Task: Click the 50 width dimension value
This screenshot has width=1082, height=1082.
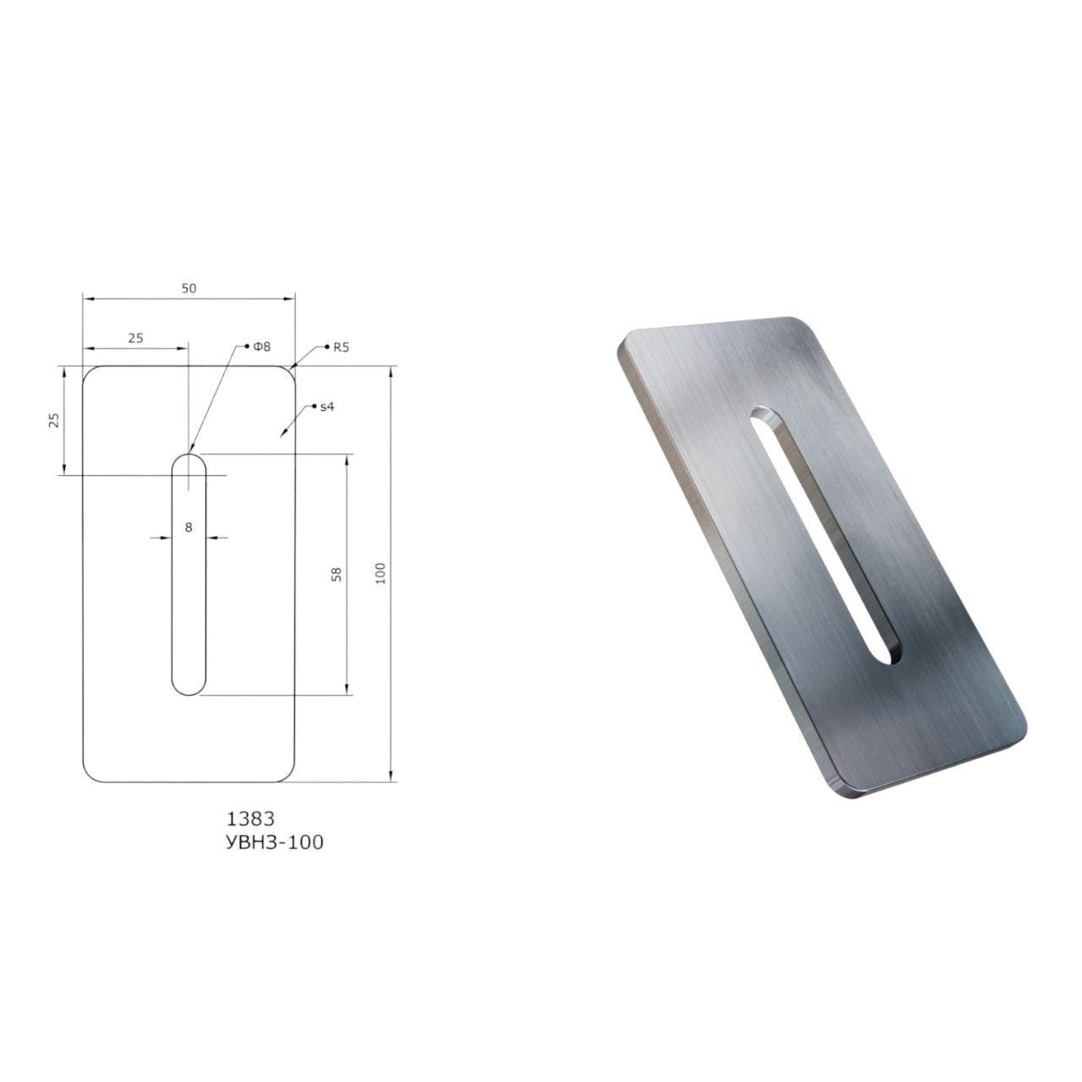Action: click(x=189, y=288)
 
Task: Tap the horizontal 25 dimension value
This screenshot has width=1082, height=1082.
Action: click(x=136, y=338)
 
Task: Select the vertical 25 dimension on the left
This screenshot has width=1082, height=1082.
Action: click(x=54, y=420)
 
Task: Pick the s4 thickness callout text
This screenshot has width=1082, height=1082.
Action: click(x=327, y=407)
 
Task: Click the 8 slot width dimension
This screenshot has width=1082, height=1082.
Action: click(x=189, y=527)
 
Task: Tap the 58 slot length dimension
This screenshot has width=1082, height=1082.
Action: click(x=337, y=574)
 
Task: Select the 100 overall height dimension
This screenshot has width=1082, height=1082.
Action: click(x=380, y=573)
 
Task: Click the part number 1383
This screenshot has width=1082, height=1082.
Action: click(x=250, y=819)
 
